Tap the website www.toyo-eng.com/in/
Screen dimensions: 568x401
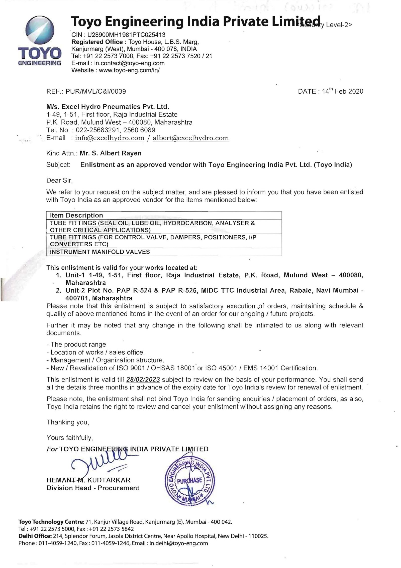click(129, 70)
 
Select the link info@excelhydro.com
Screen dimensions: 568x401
click(110, 138)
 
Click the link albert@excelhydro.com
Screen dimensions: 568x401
click(190, 138)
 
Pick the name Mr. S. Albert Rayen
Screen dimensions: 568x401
click(111, 153)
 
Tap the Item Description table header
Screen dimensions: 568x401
click(76, 215)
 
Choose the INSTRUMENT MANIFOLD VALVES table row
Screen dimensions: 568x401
click(100, 252)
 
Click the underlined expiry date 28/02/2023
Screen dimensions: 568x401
click(143, 380)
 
